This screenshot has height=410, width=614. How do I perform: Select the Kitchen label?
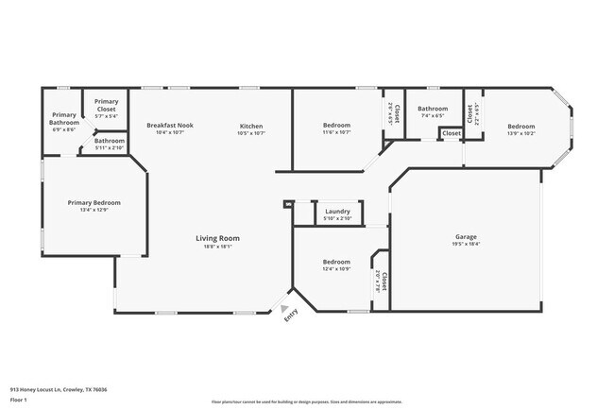[250, 127]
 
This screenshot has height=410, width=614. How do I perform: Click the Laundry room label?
[337, 212]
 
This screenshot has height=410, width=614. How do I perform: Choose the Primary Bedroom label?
[94, 202]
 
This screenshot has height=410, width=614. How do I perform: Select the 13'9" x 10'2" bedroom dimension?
[520, 134]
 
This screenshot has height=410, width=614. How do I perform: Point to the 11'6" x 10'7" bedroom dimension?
[337, 133]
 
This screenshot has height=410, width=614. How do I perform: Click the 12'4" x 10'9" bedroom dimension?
[337, 269]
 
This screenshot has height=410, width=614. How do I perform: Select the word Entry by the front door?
[292, 316]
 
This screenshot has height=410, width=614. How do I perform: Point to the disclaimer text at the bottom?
[307, 401]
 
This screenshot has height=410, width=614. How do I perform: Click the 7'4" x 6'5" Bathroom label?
[433, 109]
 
